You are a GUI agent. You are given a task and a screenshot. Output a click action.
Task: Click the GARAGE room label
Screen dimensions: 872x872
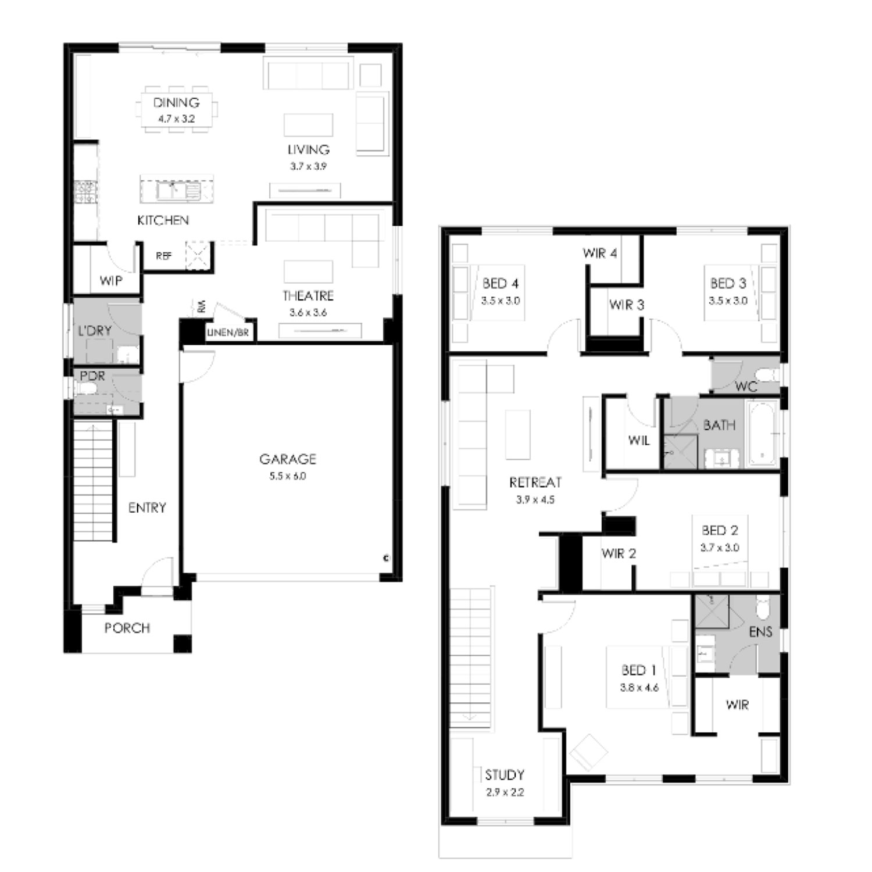pyautogui.click(x=288, y=459)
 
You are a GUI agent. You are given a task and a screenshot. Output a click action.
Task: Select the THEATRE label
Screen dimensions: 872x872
pyautogui.click(x=308, y=296)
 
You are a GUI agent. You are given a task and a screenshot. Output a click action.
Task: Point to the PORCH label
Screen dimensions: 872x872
pyautogui.click(x=127, y=628)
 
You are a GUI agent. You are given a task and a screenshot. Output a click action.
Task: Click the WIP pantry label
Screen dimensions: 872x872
pyautogui.click(x=111, y=281)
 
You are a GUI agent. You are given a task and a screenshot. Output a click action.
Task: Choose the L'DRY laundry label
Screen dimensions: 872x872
pyautogui.click(x=95, y=331)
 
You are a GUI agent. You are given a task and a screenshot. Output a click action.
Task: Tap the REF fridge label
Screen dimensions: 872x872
pyautogui.click(x=164, y=256)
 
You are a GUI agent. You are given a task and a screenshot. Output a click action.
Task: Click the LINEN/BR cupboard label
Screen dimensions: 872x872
pyautogui.click(x=228, y=333)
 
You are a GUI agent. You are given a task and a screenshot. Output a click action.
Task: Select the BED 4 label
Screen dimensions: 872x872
pyautogui.click(x=501, y=284)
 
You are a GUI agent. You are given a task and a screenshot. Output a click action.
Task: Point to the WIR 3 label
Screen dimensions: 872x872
pyautogui.click(x=627, y=305)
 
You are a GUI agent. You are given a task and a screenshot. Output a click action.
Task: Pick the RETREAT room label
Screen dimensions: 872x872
pyautogui.click(x=535, y=483)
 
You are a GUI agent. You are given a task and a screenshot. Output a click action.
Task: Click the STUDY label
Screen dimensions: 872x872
pyautogui.click(x=505, y=775)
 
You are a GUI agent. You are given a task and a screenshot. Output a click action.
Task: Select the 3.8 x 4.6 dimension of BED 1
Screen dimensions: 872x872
pyautogui.click(x=639, y=688)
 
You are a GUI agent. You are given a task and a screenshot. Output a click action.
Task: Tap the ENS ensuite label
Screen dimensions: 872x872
pyautogui.click(x=760, y=631)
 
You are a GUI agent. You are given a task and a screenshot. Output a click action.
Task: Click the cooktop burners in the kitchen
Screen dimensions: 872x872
pyautogui.click(x=85, y=192)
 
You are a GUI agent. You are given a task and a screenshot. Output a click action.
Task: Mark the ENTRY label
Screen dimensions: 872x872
pyautogui.click(x=147, y=508)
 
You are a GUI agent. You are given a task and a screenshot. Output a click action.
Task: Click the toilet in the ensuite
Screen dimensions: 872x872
pyautogui.click(x=763, y=608)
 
